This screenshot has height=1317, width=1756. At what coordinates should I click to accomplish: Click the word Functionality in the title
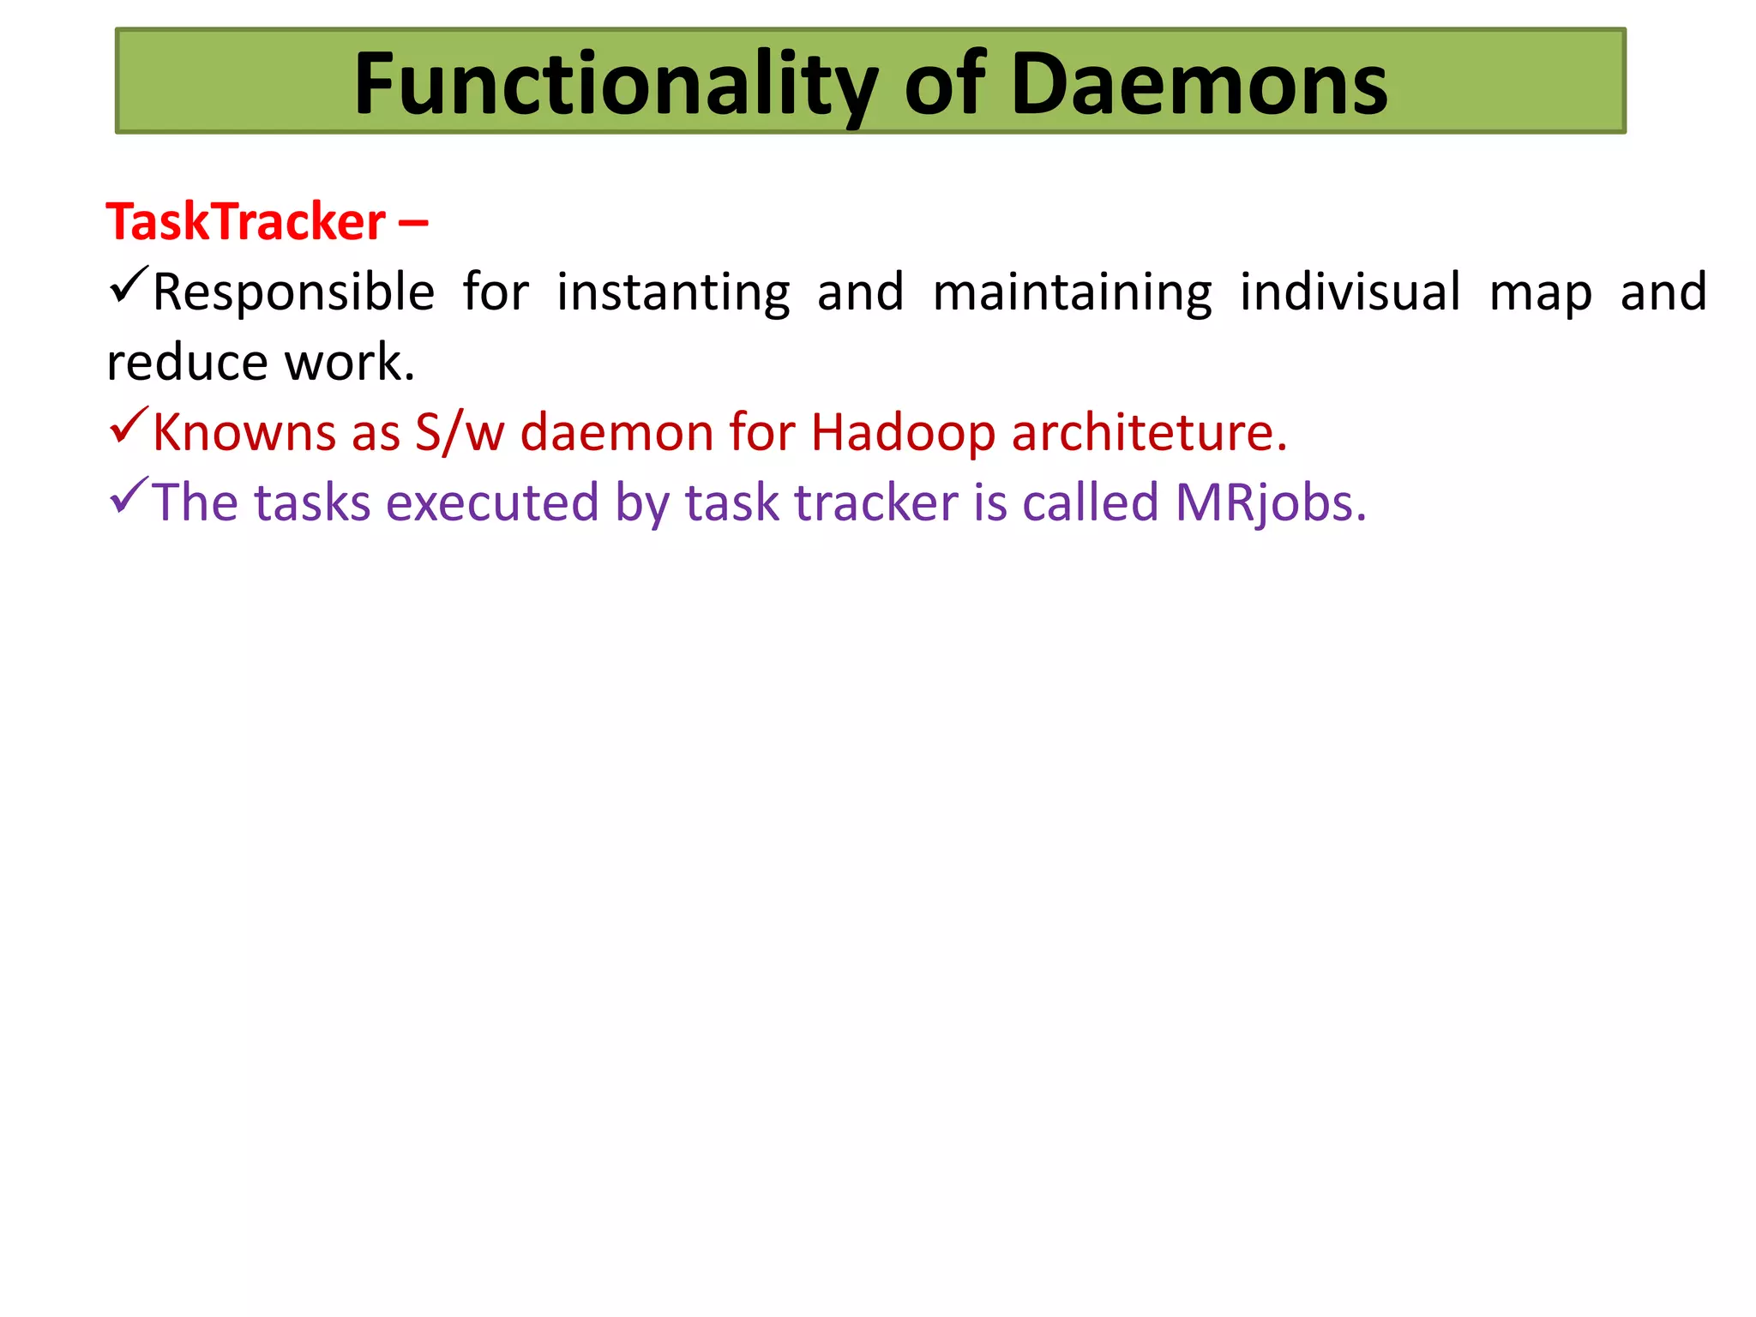tap(616, 84)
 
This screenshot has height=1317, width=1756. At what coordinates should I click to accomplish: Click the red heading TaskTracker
tap(245, 222)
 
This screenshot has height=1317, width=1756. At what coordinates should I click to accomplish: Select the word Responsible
tap(293, 293)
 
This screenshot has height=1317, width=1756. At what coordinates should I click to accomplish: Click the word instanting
tap(673, 293)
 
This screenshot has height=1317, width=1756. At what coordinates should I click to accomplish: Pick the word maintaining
tap(1072, 293)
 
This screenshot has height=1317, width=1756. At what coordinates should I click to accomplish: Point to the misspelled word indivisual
tap(1350, 293)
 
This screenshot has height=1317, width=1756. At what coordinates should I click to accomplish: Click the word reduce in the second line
tap(187, 363)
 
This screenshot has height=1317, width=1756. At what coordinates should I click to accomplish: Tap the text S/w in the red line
tap(460, 432)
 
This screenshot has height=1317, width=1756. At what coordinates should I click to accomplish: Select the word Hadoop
tap(903, 432)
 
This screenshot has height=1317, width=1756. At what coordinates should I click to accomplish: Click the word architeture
tap(1148, 432)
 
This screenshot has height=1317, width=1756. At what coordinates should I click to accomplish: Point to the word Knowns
tap(244, 432)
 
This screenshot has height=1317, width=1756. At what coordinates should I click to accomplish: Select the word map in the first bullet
tap(1541, 293)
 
